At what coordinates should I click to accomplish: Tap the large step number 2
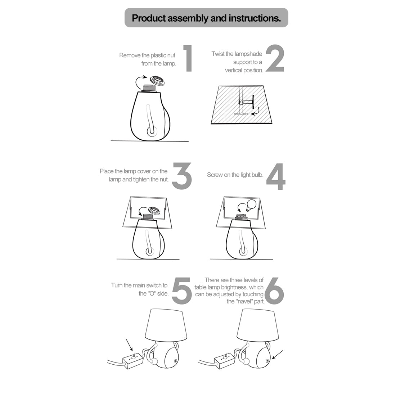275,58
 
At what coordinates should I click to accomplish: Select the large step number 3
182,176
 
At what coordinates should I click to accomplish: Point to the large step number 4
276,176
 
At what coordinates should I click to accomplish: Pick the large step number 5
181,291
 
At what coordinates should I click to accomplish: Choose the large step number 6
275,291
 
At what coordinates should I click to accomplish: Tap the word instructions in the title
255,18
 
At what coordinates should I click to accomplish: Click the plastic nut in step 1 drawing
157,81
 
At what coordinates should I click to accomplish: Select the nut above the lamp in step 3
154,210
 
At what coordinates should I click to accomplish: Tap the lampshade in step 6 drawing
258,325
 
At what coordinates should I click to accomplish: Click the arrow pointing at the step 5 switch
129,345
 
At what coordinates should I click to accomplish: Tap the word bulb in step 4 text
257,175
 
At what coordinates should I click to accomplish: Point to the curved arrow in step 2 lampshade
256,111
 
